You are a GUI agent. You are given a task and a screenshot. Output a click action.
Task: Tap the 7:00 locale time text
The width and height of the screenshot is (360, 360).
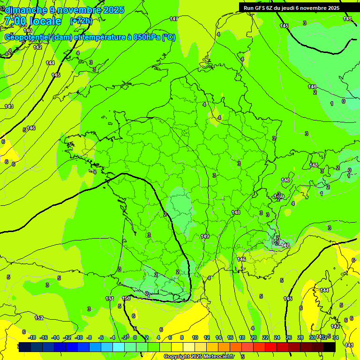(x=33, y=21)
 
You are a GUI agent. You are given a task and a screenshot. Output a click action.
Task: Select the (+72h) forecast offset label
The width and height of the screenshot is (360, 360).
(x=81, y=21)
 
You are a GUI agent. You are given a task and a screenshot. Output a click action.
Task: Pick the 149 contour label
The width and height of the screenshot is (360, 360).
(x=205, y=236)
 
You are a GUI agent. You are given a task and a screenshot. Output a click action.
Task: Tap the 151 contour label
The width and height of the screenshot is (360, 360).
(x=110, y=299)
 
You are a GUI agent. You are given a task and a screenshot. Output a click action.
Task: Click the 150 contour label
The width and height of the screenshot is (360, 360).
(x=126, y=298)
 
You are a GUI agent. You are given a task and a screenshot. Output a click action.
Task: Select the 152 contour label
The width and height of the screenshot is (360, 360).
(x=39, y=318)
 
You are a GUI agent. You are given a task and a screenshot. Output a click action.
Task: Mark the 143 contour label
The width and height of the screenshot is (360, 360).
(x=8, y=106)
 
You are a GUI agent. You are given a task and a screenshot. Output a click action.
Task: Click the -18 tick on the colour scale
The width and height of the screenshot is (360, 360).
(x=31, y=337)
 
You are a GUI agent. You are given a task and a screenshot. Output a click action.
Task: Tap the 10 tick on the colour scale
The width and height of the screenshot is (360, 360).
(x=195, y=337)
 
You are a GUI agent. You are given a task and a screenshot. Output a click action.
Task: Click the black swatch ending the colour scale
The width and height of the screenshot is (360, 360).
(x=330, y=347)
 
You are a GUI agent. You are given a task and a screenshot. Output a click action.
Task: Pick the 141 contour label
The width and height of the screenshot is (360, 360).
(x=349, y=345)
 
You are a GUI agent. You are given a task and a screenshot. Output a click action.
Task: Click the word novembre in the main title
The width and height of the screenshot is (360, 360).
(x=80, y=10)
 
